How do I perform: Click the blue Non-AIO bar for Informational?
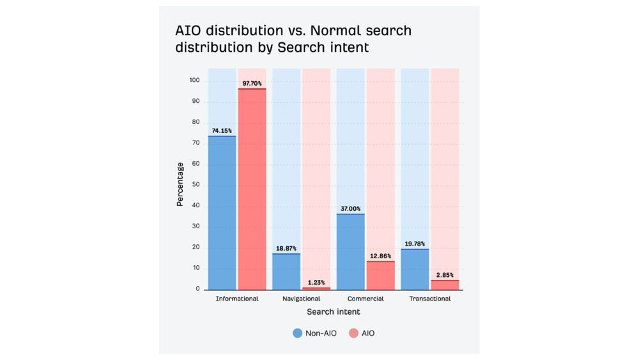(222, 213)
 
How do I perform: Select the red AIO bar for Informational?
(252, 189)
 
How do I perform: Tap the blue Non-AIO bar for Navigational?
(286, 272)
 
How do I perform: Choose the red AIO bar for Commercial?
(380, 276)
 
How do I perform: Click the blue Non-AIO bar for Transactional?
(415, 269)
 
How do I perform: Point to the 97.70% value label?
(252, 83)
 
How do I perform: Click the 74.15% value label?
(222, 130)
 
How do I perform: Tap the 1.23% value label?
(316, 282)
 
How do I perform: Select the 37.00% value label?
(350, 208)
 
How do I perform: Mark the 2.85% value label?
(445, 275)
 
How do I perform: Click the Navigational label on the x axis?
(301, 299)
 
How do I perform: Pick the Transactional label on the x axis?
(430, 299)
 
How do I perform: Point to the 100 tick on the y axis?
(194, 81)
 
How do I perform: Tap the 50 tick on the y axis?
(196, 185)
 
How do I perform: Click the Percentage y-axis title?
(180, 184)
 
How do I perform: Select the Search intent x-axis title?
(333, 312)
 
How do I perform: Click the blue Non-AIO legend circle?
(297, 333)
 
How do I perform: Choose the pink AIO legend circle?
(353, 333)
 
